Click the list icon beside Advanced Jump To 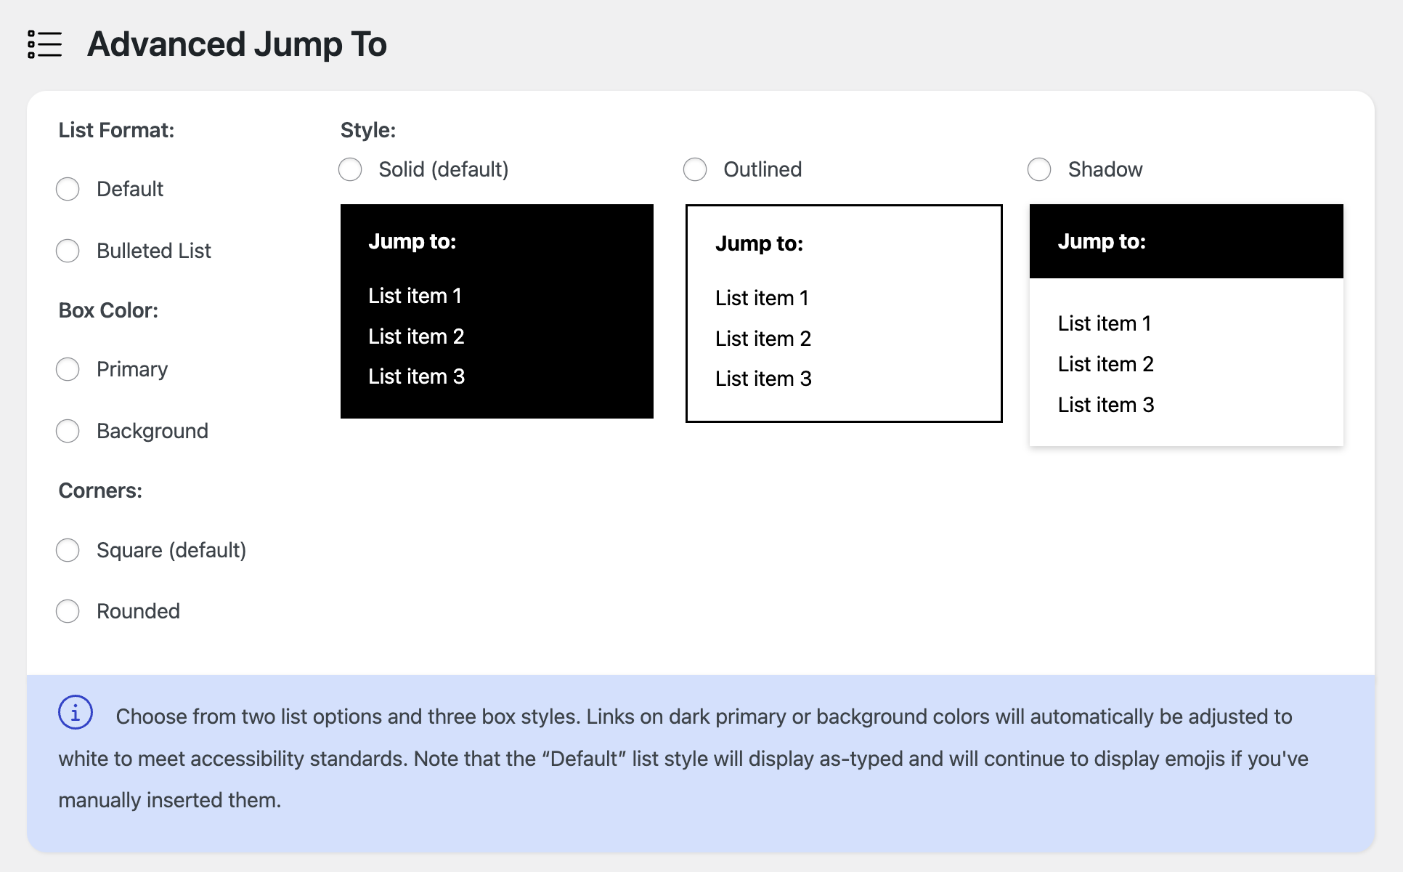tap(44, 44)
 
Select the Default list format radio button tap(68, 189)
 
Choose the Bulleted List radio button tap(68, 251)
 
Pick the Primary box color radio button tap(68, 369)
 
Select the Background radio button tap(68, 431)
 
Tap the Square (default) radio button tap(68, 550)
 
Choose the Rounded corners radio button tap(68, 611)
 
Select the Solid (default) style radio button tap(350, 169)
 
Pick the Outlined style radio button tap(695, 169)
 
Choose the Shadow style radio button tap(1039, 169)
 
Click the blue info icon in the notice tap(76, 712)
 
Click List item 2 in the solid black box tap(416, 336)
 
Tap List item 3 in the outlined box tap(763, 379)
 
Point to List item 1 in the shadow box tap(1105, 323)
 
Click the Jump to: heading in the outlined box tap(759, 243)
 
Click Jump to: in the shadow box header tap(1102, 241)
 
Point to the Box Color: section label tap(108, 310)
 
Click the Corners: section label tap(100, 490)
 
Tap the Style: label tap(368, 130)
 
